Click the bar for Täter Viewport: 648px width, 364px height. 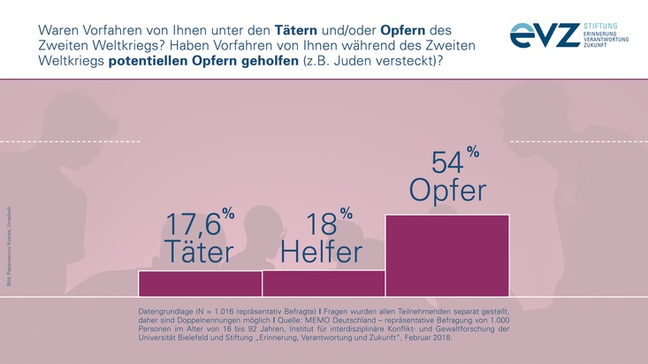click(200, 283)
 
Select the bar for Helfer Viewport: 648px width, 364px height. click(324, 283)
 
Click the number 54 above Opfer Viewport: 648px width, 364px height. click(446, 163)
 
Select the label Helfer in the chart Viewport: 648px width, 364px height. click(322, 253)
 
